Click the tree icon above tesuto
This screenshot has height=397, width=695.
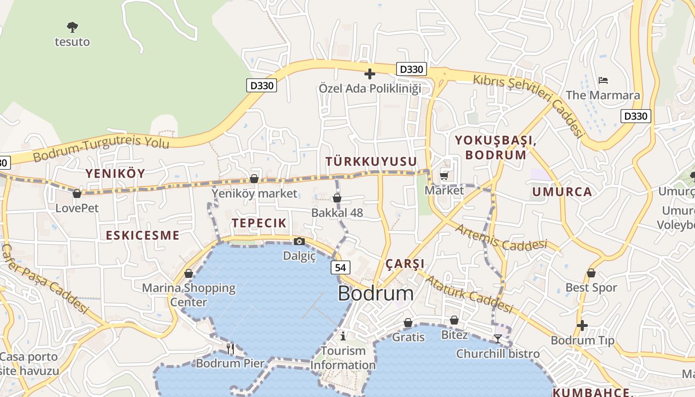point(72,27)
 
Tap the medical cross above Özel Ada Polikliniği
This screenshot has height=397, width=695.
point(369,74)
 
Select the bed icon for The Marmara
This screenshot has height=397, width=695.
point(603,80)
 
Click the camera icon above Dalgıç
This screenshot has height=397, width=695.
point(299,242)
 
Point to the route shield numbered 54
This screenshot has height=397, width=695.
point(340,267)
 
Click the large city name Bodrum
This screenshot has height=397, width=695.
point(375,293)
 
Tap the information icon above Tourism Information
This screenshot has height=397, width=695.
point(343,336)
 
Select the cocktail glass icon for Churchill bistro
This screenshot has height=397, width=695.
point(497,339)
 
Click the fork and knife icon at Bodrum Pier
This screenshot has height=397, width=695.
point(230,348)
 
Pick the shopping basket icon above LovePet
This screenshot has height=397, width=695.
point(77,194)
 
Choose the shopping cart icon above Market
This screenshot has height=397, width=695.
point(444,176)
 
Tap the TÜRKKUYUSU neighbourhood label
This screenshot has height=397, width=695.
point(371,162)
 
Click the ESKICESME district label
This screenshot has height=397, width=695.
point(142,235)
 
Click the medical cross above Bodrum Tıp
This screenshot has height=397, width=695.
point(582,326)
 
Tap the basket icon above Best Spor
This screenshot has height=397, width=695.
point(591,273)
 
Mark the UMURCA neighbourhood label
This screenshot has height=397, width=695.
point(562,192)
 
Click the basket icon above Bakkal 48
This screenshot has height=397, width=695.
point(337,198)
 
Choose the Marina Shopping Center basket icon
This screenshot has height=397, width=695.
point(189,273)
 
